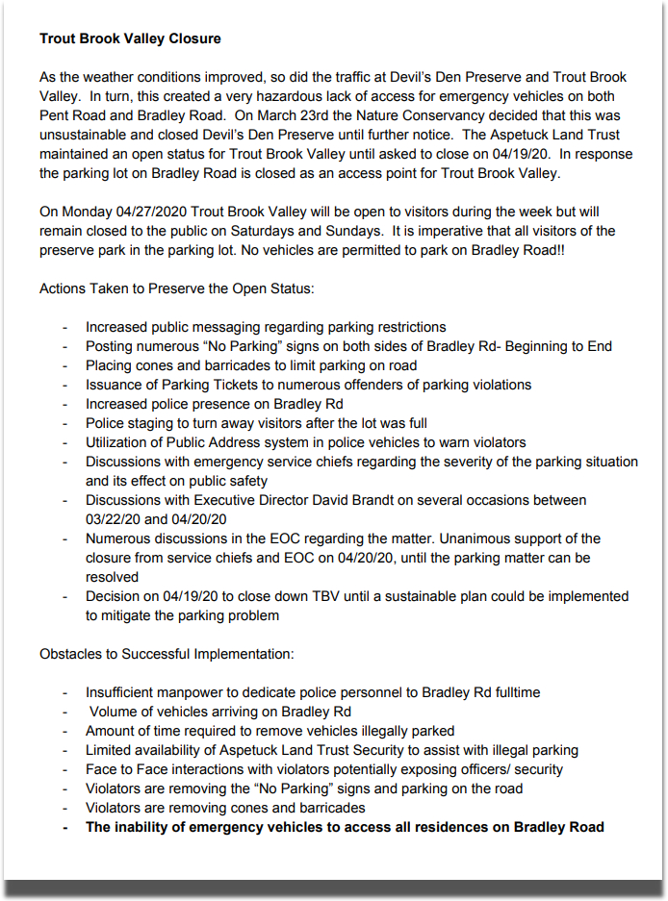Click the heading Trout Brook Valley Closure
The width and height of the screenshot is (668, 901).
pyautogui.click(x=130, y=39)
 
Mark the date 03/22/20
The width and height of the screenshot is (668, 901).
pyautogui.click(x=113, y=519)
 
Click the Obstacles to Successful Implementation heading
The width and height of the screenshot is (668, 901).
pyautogui.click(x=167, y=654)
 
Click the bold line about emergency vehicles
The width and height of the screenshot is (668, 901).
pyautogui.click(x=345, y=827)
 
